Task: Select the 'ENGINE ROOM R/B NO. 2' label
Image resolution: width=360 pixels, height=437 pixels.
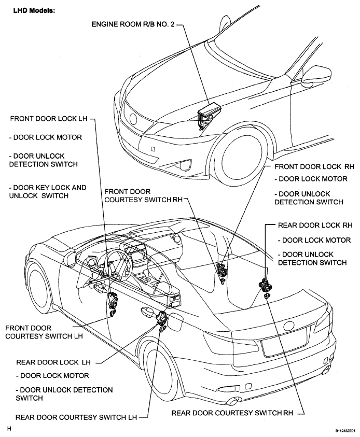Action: click(133, 24)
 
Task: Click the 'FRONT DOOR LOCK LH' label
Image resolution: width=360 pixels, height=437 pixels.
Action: click(49, 119)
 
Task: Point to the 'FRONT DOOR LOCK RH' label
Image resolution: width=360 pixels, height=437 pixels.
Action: click(314, 167)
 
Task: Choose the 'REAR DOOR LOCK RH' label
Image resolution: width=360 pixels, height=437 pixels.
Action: click(315, 225)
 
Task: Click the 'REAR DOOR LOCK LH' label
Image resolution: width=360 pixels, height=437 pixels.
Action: click(53, 362)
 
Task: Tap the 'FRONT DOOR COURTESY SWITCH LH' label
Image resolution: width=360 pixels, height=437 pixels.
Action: click(44, 332)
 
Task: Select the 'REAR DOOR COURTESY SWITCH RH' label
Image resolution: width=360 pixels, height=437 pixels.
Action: click(232, 413)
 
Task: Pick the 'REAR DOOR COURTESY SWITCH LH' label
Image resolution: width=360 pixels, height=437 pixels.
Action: click(76, 417)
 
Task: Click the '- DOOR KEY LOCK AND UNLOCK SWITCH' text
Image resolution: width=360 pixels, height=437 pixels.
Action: click(47, 192)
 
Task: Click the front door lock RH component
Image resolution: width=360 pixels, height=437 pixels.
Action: click(221, 270)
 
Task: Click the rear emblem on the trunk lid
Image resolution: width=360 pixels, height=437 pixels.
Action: click(288, 326)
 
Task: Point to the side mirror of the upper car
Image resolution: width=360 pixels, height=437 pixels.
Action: click(316, 75)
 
